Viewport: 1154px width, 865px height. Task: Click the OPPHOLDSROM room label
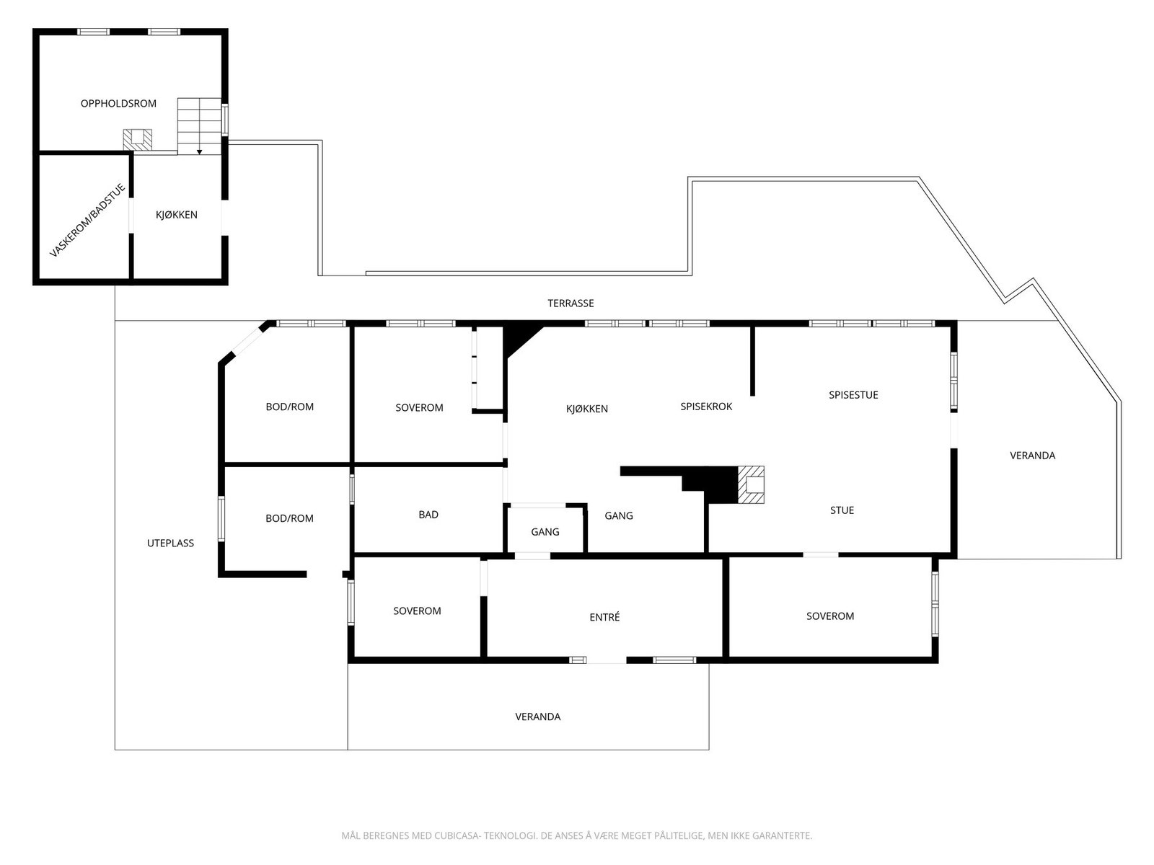click(x=118, y=104)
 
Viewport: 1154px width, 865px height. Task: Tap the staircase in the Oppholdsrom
click(x=199, y=125)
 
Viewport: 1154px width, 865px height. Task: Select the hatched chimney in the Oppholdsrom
click(x=137, y=139)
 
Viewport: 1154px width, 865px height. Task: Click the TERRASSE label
click(x=571, y=303)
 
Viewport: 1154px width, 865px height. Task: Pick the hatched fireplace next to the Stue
click(x=751, y=484)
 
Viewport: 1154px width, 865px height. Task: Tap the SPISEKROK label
click(x=706, y=407)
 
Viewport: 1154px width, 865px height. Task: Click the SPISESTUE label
click(x=853, y=395)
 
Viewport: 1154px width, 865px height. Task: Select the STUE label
click(x=842, y=510)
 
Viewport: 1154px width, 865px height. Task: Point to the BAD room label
click(x=428, y=515)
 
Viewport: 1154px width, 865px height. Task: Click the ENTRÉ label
click(x=604, y=617)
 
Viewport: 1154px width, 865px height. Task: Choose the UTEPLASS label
click(x=170, y=544)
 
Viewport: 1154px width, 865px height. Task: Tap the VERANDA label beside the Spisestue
click(x=1032, y=456)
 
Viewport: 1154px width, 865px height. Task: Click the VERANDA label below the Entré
click(x=537, y=717)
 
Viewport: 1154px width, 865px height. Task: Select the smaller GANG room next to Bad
click(x=545, y=532)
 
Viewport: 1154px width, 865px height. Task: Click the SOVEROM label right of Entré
click(x=830, y=616)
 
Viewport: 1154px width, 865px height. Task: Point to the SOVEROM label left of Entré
click(x=417, y=611)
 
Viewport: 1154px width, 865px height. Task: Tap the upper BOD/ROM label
click(x=290, y=407)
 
